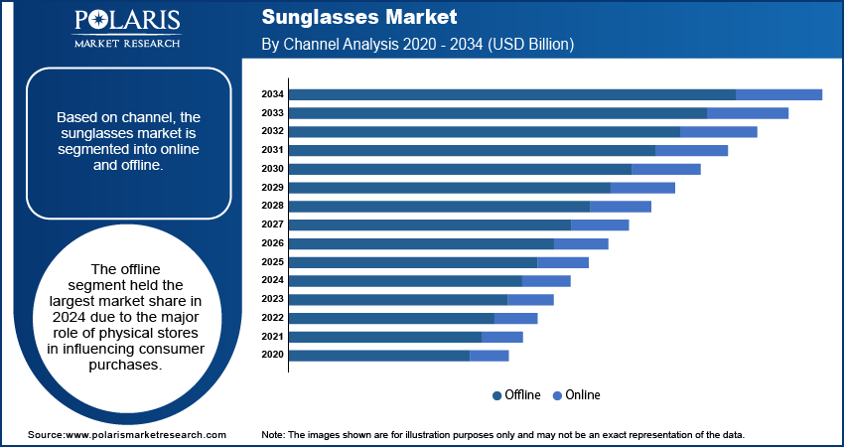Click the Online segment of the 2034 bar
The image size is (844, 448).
pyautogui.click(x=778, y=94)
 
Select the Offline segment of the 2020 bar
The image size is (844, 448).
pyautogui.click(x=379, y=356)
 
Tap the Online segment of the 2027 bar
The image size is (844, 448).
pyautogui.click(x=600, y=225)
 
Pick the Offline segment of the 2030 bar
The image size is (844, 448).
pyautogui.click(x=460, y=169)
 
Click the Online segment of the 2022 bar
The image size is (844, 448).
pyautogui.click(x=515, y=318)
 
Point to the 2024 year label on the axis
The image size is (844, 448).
pyautogui.click(x=273, y=280)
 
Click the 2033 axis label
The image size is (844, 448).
pyautogui.click(x=273, y=113)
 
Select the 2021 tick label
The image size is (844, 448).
pyautogui.click(x=273, y=337)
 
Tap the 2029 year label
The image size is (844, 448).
pyautogui.click(x=273, y=188)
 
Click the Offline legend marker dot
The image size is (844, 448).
pyautogui.click(x=496, y=395)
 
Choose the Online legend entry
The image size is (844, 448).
pyautogui.click(x=577, y=395)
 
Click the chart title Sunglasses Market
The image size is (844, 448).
pyautogui.click(x=359, y=17)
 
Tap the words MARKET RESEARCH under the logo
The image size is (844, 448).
pyautogui.click(x=126, y=43)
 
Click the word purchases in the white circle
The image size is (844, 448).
pyautogui.click(x=124, y=366)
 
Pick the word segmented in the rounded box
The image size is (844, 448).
pyautogui.click(x=92, y=150)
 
